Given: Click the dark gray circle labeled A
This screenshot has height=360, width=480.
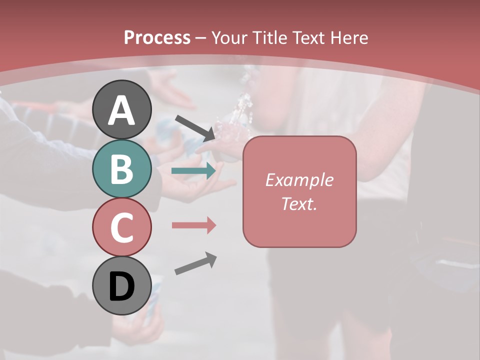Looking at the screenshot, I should pyautogui.click(x=122, y=109).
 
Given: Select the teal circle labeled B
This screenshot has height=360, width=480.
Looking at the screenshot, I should pyautogui.click(x=122, y=168).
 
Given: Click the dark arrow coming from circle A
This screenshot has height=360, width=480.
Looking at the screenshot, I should pyautogui.click(x=195, y=126).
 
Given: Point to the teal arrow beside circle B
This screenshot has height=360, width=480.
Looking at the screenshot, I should pyautogui.click(x=193, y=171).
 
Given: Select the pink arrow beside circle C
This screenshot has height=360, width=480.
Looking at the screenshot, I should pyautogui.click(x=193, y=225).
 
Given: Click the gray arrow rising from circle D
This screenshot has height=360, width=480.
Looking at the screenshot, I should pyautogui.click(x=195, y=263).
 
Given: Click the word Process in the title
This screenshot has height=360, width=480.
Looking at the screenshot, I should pyautogui.click(x=157, y=37).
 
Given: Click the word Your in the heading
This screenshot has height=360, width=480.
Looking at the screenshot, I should pyautogui.click(x=230, y=37).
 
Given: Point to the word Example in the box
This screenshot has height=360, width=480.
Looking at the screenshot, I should pyautogui.click(x=299, y=180).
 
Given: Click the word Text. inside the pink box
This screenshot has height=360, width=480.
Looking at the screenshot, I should pyautogui.click(x=299, y=203).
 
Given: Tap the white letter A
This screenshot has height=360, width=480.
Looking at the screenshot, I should pyautogui.click(x=122, y=110).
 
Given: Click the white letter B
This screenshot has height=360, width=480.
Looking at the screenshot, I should pyautogui.click(x=122, y=169).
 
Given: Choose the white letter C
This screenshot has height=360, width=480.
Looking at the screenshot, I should pyautogui.click(x=122, y=227).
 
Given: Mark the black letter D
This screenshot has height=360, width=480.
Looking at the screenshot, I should pyautogui.click(x=122, y=287).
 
